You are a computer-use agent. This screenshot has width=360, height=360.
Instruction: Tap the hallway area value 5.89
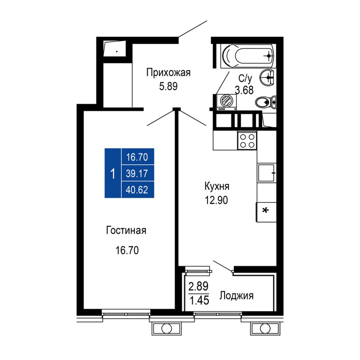point(168,86)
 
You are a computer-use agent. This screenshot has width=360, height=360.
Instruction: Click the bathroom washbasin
point(267,77)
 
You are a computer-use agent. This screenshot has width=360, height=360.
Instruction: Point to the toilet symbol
point(266,102)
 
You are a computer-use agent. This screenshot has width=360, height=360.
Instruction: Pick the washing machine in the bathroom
point(226,102)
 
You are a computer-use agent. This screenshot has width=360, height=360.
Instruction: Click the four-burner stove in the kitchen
point(247,141)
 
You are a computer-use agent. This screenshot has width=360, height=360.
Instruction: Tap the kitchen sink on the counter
point(266,173)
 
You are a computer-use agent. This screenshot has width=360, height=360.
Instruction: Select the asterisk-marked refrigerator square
point(266,212)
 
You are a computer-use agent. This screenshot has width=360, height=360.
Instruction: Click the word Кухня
point(217,186)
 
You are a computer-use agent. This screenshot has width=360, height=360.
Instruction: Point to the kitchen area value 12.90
point(216,200)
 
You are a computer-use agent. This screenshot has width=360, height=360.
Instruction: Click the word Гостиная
point(126,230)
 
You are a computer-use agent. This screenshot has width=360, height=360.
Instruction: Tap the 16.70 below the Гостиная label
point(127,250)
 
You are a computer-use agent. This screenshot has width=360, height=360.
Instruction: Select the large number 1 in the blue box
point(113,174)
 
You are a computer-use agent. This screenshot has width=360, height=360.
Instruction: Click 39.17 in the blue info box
point(137,174)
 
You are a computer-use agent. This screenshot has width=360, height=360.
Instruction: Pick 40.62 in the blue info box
point(137,190)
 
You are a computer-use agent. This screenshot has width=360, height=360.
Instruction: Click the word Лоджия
point(236,296)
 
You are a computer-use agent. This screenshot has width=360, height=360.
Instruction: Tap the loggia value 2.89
point(198,286)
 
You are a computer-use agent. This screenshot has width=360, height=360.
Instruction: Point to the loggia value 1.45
point(199,300)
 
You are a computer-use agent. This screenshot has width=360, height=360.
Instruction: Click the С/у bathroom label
point(245,78)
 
